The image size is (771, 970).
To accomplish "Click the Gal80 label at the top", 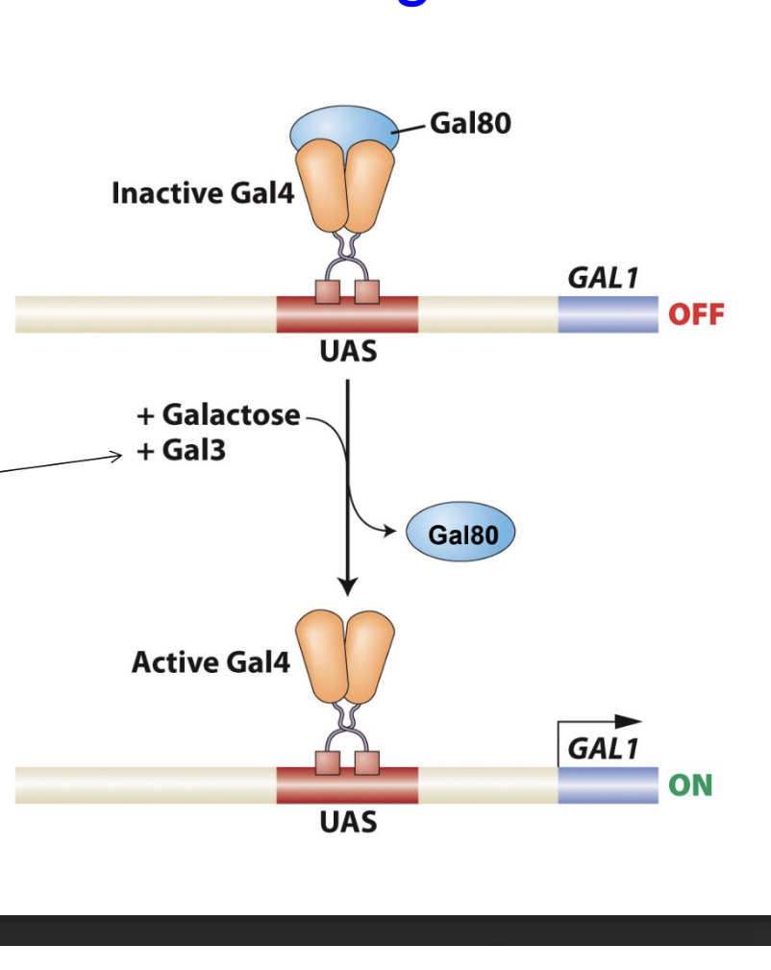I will pos(470,123).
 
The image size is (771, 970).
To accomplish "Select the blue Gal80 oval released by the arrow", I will pos(461,533).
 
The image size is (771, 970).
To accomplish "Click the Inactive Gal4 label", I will pos(202,193).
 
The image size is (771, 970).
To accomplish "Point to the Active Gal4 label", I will pos(211,662).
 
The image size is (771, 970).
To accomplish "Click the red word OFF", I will pos(696,315).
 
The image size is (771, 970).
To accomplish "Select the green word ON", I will pos(691,785).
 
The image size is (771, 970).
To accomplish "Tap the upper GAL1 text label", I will pos(603,279).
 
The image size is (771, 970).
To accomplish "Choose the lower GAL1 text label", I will pos(603,749).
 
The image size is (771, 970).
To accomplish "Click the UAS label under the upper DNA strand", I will pos(348,352).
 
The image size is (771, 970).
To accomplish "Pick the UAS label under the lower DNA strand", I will pos(348,823).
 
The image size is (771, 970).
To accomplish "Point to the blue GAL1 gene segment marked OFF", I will pos(608,315).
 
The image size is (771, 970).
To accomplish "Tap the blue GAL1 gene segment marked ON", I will pos(608,785).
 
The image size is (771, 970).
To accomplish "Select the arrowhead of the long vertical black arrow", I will pos(348,585).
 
